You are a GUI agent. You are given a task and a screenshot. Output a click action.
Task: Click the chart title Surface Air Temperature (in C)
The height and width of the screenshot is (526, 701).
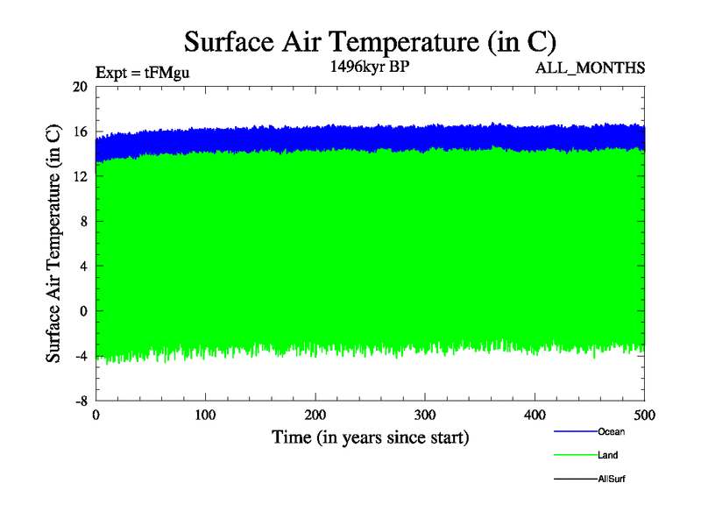pos(370,41)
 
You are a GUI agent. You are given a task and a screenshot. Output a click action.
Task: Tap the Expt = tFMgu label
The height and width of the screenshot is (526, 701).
pos(142,73)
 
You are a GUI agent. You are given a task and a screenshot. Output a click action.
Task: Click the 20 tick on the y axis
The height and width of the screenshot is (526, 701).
pos(80,87)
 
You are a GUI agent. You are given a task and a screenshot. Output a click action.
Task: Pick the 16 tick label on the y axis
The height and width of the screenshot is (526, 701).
pos(80,131)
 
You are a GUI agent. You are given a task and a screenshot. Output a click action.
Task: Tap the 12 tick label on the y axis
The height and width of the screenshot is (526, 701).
pos(80,176)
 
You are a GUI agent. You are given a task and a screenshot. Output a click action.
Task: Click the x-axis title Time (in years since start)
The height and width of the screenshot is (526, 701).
pos(370,436)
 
